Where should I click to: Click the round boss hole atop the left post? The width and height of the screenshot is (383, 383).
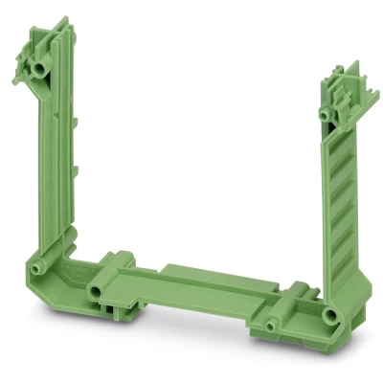[x=39, y=69]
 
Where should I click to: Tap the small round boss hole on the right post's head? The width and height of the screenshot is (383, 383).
[x=326, y=113]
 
